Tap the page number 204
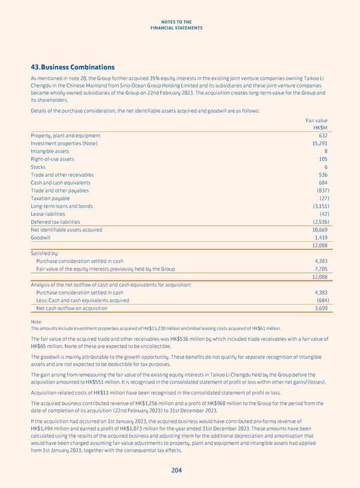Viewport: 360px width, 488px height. point(176,471)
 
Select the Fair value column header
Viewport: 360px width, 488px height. point(317,120)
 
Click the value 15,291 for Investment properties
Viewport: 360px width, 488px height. point(319,143)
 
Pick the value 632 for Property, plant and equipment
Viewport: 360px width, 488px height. point(322,135)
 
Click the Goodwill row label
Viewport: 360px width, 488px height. point(43,237)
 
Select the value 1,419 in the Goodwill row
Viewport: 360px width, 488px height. point(320,237)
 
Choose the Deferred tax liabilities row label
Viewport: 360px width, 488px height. point(55,222)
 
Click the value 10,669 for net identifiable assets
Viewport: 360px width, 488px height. point(319,230)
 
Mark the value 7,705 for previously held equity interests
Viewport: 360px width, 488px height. point(320,269)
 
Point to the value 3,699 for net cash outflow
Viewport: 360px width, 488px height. point(320,308)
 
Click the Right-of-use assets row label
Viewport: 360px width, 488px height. point(53,159)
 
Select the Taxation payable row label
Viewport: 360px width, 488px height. point(50,198)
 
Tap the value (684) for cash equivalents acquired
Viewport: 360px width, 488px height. point(322,300)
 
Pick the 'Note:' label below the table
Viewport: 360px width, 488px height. point(37,321)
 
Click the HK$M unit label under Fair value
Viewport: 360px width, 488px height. point(320,128)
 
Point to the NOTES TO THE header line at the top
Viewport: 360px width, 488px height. point(180,22)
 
